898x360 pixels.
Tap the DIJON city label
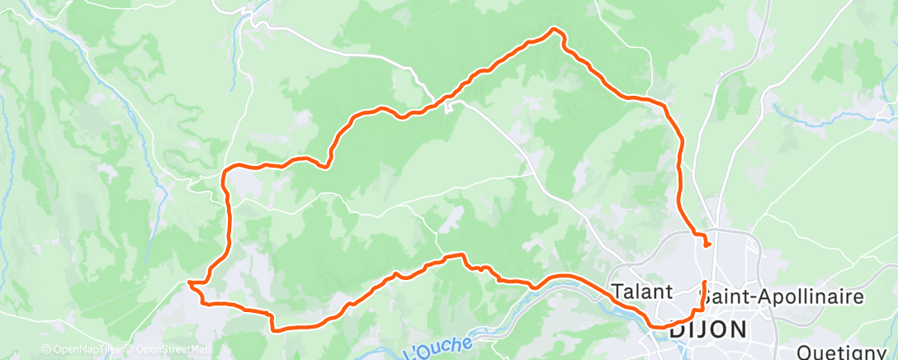(x=709, y=329)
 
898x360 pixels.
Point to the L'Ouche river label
(x=437, y=347)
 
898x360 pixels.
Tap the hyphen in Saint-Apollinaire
(x=754, y=296)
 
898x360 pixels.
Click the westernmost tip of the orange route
(x=190, y=283)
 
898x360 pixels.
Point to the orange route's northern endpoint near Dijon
(x=707, y=244)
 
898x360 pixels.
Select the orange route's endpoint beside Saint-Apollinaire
(x=704, y=282)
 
